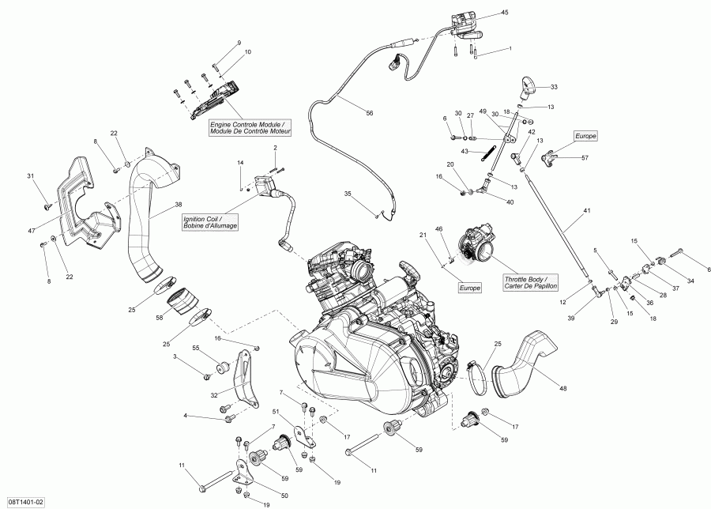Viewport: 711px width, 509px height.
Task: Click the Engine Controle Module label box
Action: pyautogui.click(x=250, y=127)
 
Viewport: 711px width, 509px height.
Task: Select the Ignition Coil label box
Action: pyautogui.click(x=210, y=221)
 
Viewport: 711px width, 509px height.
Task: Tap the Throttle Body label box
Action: pyautogui.click(x=530, y=283)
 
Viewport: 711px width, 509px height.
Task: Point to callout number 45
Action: pyautogui.click(x=505, y=13)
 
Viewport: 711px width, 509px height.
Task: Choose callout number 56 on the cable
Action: pyautogui.click(x=369, y=113)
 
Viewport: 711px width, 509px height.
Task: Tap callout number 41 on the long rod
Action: pyautogui.click(x=585, y=211)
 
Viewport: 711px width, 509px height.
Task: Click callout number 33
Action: pyautogui.click(x=553, y=86)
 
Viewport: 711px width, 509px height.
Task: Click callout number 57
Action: pyautogui.click(x=585, y=158)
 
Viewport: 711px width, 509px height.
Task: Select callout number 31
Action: pyautogui.click(x=31, y=175)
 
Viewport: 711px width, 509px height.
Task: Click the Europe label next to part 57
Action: pyautogui.click(x=585, y=136)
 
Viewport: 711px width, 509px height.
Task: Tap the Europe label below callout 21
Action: pyautogui.click(x=469, y=288)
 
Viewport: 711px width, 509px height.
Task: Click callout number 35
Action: pyautogui.click(x=347, y=194)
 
